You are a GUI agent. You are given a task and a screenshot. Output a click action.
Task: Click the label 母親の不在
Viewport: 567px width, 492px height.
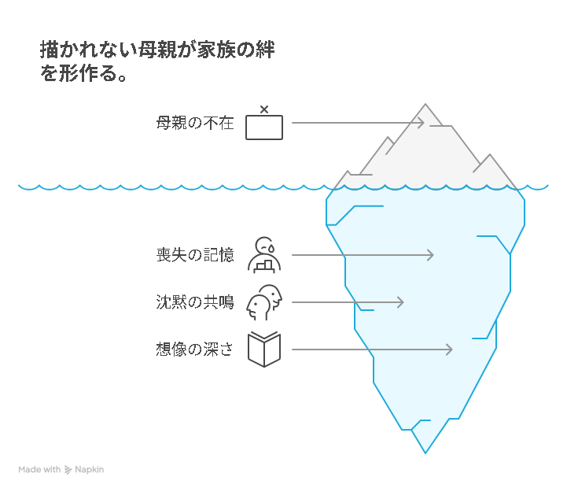tap(194, 123)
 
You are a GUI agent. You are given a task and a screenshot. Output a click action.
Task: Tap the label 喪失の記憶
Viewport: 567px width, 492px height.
tap(194, 255)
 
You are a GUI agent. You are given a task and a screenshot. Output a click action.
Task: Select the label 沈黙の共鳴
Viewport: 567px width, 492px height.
tap(194, 302)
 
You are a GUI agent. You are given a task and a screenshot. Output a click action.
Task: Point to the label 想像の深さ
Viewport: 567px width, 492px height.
tap(194, 350)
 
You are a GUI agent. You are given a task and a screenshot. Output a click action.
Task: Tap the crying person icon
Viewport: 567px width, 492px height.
tap(264, 254)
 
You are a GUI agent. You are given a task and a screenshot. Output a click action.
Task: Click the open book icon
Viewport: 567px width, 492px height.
tap(264, 350)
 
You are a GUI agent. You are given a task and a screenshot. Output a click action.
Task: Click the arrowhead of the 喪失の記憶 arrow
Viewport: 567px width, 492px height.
tap(431, 255)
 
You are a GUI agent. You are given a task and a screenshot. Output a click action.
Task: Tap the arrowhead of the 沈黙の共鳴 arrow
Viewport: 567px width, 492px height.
tap(401, 302)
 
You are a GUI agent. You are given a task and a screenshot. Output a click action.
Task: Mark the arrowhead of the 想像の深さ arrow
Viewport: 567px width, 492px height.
tap(450, 350)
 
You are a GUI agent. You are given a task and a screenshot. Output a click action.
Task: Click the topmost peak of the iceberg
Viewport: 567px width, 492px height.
tap(425, 105)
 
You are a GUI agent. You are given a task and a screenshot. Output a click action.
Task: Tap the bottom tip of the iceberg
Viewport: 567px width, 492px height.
tap(425, 452)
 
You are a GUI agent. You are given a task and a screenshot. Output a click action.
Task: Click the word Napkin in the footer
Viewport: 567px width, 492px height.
tap(90, 470)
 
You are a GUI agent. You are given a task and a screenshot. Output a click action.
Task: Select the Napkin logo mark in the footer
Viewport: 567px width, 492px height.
tap(68, 470)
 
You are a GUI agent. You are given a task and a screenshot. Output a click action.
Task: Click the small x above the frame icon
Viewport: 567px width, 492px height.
tap(263, 109)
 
